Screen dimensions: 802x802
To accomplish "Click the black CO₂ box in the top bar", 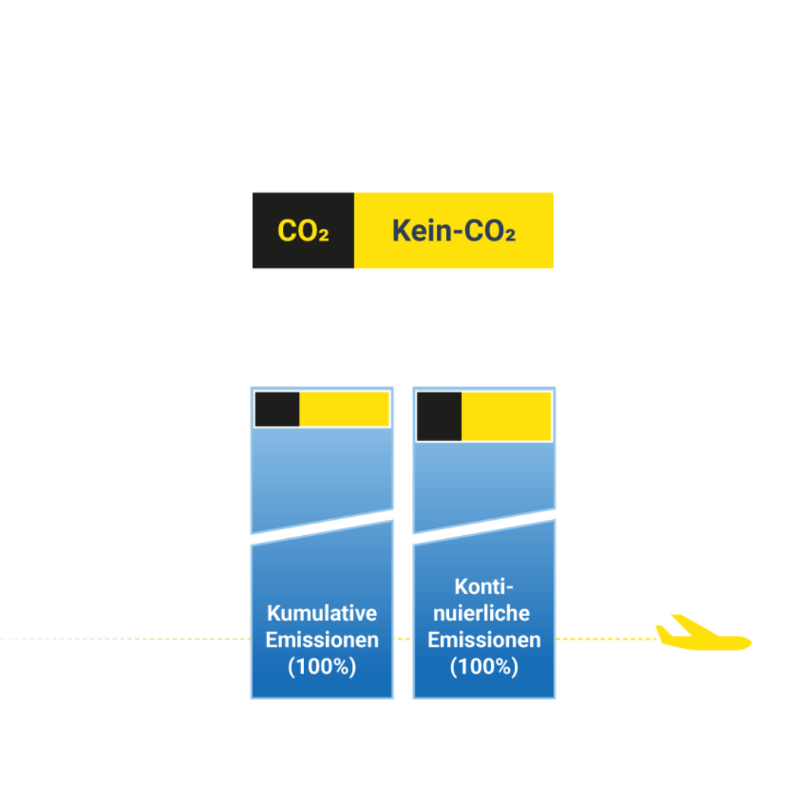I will [303, 230].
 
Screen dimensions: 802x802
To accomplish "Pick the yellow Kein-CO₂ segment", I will [453, 230].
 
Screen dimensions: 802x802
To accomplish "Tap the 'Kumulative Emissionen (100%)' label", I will [322, 639].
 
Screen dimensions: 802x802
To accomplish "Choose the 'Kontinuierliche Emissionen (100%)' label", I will [483, 626].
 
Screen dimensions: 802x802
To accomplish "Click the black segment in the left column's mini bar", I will [277, 409].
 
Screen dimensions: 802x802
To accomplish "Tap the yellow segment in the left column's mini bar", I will [344, 409].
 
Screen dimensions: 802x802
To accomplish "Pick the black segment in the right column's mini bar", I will [440, 416].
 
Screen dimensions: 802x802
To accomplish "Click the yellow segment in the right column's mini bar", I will [506, 416].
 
